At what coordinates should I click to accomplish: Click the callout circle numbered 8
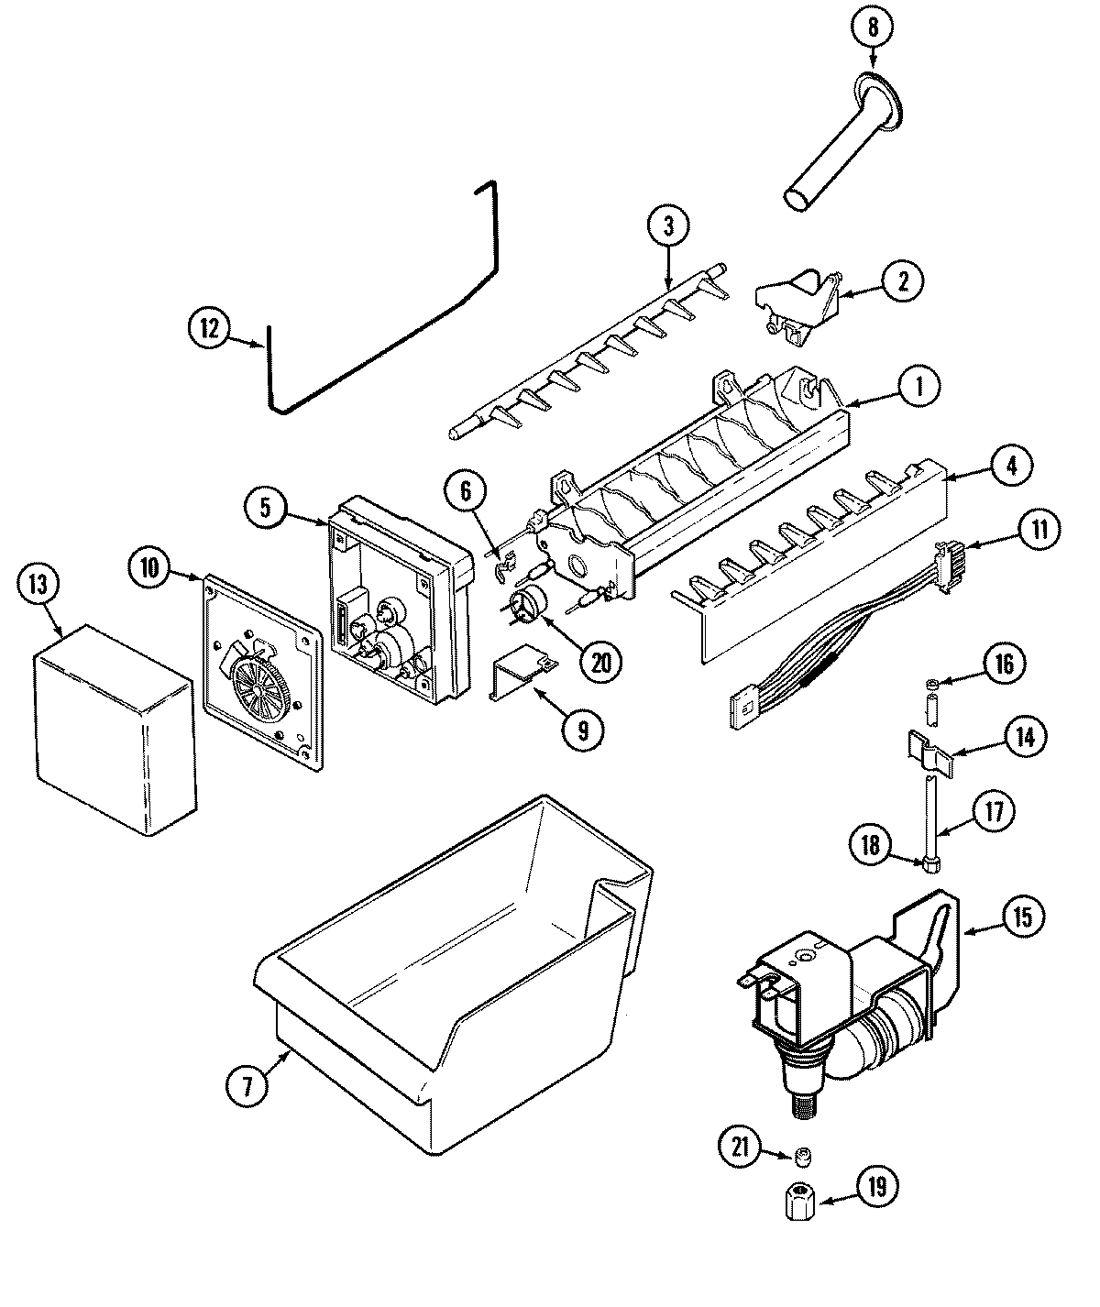point(872,27)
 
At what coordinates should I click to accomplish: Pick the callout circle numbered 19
point(877,1189)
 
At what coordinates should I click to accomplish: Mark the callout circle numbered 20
point(600,661)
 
